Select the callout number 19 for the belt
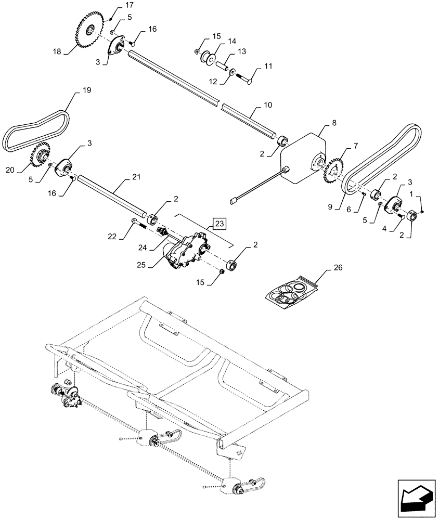tap(86, 90)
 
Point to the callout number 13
tap(241, 52)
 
